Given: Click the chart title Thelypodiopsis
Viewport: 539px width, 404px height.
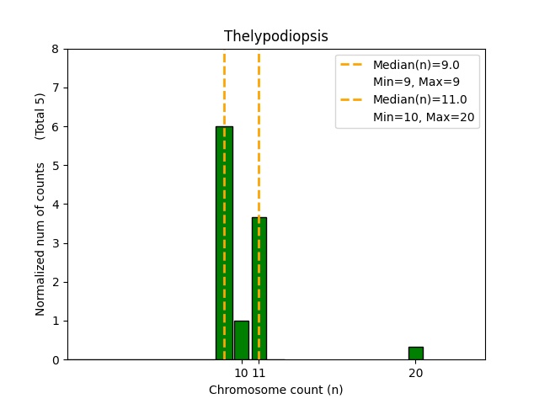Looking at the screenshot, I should (275, 36).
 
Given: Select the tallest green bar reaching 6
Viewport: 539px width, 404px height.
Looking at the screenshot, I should (224, 244).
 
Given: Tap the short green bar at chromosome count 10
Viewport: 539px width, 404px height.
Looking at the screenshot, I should (242, 340).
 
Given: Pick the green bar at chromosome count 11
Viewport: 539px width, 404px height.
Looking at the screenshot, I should (259, 289).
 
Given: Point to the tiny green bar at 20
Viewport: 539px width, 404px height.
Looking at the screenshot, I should (415, 353).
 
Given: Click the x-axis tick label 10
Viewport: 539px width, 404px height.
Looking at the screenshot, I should (241, 373).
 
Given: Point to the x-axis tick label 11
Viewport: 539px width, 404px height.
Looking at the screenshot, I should (259, 373).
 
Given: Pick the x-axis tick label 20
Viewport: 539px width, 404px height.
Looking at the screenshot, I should (415, 373).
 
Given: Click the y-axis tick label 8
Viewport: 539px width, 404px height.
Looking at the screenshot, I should (55, 49).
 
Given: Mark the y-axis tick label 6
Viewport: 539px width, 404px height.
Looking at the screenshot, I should (55, 127).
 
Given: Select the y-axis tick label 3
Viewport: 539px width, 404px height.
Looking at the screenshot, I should (55, 243).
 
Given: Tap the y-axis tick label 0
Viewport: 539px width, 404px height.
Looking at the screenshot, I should (55, 360).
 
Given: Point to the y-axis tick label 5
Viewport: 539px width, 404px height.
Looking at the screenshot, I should (55, 166).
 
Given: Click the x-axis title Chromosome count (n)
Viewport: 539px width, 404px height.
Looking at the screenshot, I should (275, 390).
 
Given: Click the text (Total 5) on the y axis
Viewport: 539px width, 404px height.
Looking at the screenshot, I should (40, 116).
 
